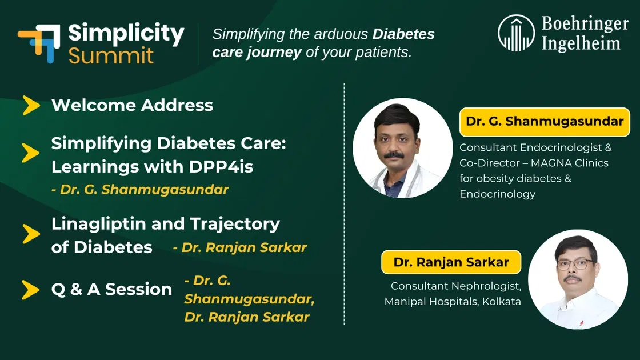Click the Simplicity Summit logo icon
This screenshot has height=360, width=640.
[39, 43]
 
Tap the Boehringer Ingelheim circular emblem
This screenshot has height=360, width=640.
[516, 33]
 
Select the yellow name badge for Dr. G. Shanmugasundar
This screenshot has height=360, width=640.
[545, 122]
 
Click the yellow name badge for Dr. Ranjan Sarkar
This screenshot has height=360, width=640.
[451, 262]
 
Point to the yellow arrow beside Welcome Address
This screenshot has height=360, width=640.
[31, 105]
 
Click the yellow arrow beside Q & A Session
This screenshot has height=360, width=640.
[31, 290]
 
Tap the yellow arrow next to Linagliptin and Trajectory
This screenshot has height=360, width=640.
[31, 234]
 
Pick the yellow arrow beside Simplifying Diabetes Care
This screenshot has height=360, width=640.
[31, 153]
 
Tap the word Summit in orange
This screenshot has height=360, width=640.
[111, 55]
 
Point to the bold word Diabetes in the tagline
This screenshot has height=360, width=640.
[403, 34]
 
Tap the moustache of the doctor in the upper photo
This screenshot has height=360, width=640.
[394, 155]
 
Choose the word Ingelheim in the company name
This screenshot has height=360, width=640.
[581, 43]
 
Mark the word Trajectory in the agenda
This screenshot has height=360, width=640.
[235, 225]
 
